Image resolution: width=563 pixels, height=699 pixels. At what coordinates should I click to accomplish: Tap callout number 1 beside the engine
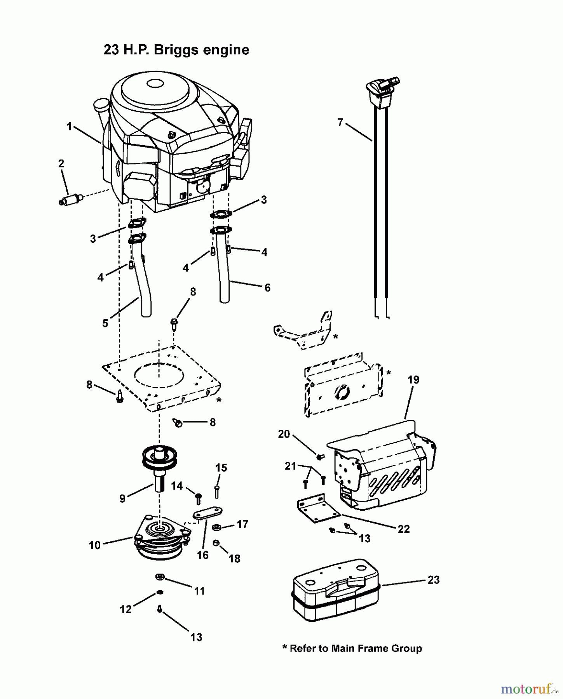coord(69,127)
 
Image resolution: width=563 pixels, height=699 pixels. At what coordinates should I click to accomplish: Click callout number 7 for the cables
coord(340,123)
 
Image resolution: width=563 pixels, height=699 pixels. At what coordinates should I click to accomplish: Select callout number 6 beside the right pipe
coord(267,288)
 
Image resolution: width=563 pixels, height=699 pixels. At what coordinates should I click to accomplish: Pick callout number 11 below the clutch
coord(199,591)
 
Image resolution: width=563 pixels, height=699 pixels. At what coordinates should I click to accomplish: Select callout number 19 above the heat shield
coord(413,379)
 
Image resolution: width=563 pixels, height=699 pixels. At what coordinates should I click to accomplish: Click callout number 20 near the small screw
coord(284,434)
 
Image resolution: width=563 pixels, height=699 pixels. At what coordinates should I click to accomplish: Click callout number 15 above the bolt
coord(221,468)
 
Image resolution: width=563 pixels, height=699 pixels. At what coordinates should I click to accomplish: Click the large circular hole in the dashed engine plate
coord(159,377)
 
